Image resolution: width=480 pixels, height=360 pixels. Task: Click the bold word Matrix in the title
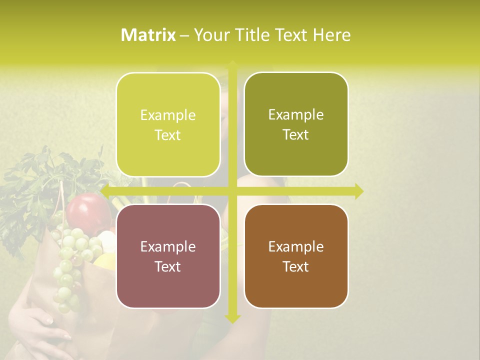[148, 35]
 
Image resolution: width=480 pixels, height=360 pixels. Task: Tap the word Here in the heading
[331, 35]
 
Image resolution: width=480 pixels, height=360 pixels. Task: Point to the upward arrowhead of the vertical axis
[232, 65]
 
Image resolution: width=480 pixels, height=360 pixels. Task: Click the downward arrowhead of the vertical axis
[232, 318]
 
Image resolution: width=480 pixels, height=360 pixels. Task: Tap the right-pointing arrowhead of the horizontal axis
[358, 191]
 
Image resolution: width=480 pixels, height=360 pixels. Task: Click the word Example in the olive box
[296, 115]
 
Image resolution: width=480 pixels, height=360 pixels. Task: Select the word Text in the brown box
[296, 266]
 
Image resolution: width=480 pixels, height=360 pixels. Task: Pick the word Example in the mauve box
[168, 246]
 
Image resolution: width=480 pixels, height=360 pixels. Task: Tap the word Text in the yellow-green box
[168, 135]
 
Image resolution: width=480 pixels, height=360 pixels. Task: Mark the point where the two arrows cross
[232, 191]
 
